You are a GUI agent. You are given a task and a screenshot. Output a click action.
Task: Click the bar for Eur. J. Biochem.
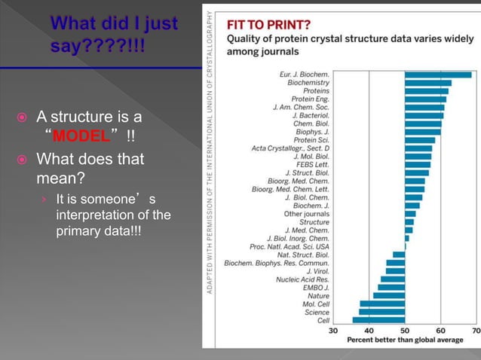tap(438, 75)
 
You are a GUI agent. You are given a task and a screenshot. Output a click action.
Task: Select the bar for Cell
tap(378, 320)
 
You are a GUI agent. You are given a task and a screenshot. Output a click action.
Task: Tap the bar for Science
tap(381, 312)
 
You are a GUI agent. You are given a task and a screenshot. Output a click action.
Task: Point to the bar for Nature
tap(389, 295)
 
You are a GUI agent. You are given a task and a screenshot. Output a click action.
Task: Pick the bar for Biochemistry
tap(427, 83)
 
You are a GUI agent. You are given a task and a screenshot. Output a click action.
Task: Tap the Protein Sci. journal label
tap(311, 140)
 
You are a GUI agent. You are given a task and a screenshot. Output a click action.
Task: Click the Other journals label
tap(307, 214)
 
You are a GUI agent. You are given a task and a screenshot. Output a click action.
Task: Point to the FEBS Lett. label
tap(312, 164)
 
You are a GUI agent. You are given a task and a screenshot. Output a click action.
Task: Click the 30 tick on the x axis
tap(333, 330)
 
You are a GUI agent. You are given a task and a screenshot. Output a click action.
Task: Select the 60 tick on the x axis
tap(440, 330)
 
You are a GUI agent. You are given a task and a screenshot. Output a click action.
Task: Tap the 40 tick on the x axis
tap(369, 330)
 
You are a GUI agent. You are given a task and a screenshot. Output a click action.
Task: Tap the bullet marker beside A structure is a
tap(24, 118)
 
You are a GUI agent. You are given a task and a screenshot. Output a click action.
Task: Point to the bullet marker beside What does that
tap(24, 160)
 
